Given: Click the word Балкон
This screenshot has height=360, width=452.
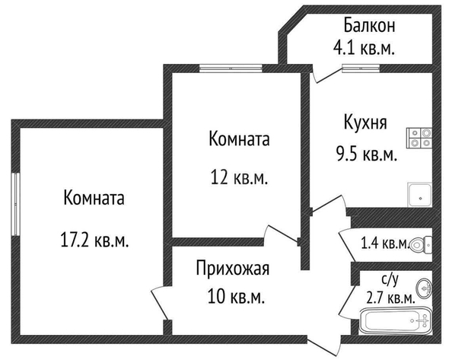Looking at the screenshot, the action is [x=369, y=25].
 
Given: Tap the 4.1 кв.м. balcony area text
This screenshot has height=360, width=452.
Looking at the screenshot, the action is [x=364, y=48].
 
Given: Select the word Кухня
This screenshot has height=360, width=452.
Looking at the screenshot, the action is [x=365, y=123].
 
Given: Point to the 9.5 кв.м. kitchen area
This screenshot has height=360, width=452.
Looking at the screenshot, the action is [x=367, y=154].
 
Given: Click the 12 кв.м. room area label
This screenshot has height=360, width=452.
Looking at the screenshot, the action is [x=240, y=177].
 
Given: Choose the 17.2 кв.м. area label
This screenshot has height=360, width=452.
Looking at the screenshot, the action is [x=94, y=240].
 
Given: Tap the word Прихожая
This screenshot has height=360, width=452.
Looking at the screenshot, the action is [x=233, y=269].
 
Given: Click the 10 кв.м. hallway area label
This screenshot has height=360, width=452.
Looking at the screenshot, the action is [x=236, y=297].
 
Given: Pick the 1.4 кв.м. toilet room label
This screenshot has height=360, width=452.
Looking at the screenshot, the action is [x=385, y=244].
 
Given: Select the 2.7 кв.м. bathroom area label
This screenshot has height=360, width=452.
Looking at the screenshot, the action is [x=391, y=298].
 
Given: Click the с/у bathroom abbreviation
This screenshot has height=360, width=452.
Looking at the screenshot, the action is [x=390, y=279].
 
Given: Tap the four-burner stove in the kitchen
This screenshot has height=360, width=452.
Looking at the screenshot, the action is [x=419, y=138].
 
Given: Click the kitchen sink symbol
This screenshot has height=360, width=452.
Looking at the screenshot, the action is [x=420, y=195].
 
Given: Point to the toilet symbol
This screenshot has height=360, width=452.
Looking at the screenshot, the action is [x=421, y=245].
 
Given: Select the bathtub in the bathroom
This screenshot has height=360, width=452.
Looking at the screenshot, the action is [x=396, y=320].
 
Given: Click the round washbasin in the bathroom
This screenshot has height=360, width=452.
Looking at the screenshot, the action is [x=424, y=288].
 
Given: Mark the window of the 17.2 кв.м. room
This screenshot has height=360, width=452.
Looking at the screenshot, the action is [x=15, y=205].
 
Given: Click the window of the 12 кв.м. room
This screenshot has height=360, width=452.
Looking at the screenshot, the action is [x=231, y=68].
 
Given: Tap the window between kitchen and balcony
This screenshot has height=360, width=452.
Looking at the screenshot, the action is [x=361, y=68].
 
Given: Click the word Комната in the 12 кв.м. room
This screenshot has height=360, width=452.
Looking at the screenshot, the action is [x=239, y=139].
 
